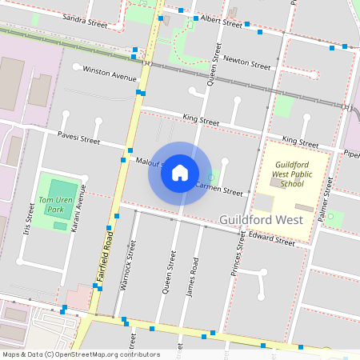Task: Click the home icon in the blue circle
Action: coord(180,173)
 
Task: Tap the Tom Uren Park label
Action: coord(54,205)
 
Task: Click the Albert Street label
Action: coord(222,21)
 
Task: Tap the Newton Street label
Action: coord(247,62)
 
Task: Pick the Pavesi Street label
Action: coord(78,138)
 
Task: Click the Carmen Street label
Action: coord(218,190)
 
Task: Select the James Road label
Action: coord(190,277)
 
